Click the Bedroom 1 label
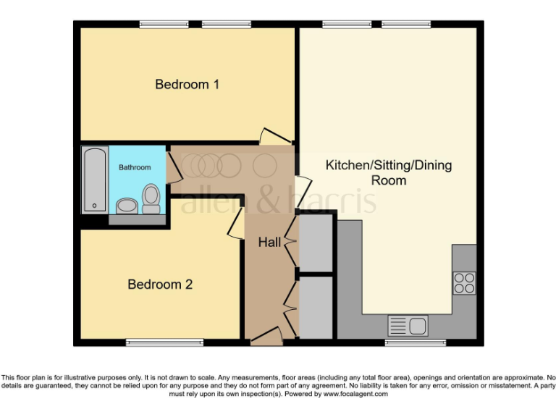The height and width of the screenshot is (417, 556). point(188,85)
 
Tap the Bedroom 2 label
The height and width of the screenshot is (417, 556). point(160,285)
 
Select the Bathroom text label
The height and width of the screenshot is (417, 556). point(135,167)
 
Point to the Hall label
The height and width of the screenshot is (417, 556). point(269,243)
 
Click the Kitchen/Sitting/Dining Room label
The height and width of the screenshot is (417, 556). point(388,173)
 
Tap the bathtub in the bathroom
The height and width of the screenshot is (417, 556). point(95,180)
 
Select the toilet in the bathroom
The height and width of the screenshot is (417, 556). point(151,198)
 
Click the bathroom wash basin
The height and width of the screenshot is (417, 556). point(126,206)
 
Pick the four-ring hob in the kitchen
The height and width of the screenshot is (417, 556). point(464,282)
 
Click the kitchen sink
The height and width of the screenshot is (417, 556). point(408,325)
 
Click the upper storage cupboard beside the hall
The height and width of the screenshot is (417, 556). point(316,243)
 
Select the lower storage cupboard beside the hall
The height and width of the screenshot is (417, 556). point(316,307)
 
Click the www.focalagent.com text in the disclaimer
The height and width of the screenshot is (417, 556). point(355,394)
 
